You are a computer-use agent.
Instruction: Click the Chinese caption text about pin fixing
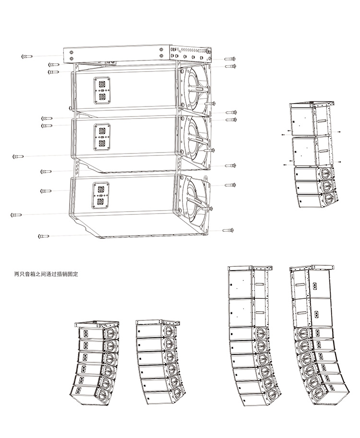pos(46,275)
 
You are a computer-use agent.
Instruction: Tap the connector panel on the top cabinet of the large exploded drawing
pos(101,90)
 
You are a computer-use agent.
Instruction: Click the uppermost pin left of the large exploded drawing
pos(27,57)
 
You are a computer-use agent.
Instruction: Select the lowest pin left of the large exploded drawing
pos(43,236)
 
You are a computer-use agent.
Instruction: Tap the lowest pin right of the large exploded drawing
pos(228,230)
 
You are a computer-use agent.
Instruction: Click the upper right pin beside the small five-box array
pos(339,131)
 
